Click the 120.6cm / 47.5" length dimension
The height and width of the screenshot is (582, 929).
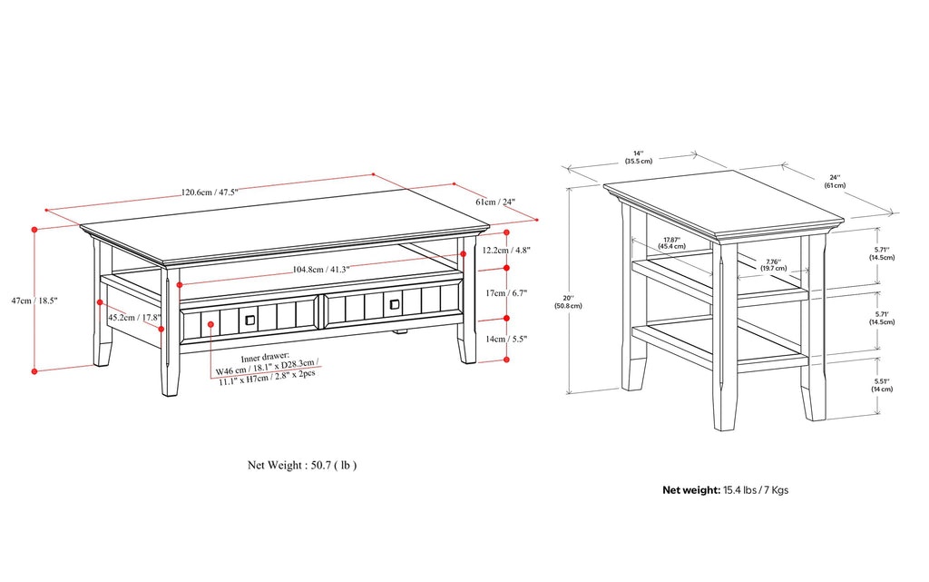(x=210, y=192)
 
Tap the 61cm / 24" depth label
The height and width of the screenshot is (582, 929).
(x=495, y=202)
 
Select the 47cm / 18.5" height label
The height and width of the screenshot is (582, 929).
(x=34, y=301)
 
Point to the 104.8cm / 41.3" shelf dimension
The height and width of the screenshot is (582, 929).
(x=321, y=270)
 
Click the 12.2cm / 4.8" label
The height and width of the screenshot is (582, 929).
(x=505, y=250)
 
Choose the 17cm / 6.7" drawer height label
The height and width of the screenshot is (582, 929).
(x=506, y=292)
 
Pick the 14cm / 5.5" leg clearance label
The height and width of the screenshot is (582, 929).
(x=506, y=339)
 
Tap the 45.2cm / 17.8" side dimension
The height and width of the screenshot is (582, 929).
(x=134, y=317)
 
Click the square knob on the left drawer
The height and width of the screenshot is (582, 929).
(x=250, y=320)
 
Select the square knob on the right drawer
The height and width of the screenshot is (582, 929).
(x=395, y=305)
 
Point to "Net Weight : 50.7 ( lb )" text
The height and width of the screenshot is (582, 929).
(x=302, y=465)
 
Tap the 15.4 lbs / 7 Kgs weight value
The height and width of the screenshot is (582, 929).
(x=756, y=490)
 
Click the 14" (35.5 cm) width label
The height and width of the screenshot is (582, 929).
(x=638, y=157)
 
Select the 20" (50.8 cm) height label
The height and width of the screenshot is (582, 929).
(x=568, y=301)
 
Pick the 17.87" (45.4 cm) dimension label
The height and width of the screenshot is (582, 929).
(x=671, y=243)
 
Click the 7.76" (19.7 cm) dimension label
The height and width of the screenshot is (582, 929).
(x=774, y=264)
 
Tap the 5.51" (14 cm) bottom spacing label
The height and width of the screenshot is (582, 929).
(x=882, y=385)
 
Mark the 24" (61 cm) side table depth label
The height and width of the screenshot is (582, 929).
(x=835, y=182)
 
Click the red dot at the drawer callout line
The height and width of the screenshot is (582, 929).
(x=210, y=324)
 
